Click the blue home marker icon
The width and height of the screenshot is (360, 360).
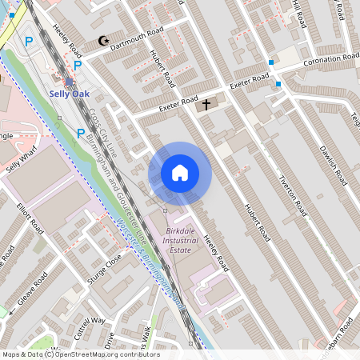click(x=180, y=172)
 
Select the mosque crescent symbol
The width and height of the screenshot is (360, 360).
click(x=102, y=40)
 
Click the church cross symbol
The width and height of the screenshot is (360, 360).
click(x=206, y=104)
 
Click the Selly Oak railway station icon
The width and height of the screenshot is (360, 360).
click(x=69, y=82)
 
